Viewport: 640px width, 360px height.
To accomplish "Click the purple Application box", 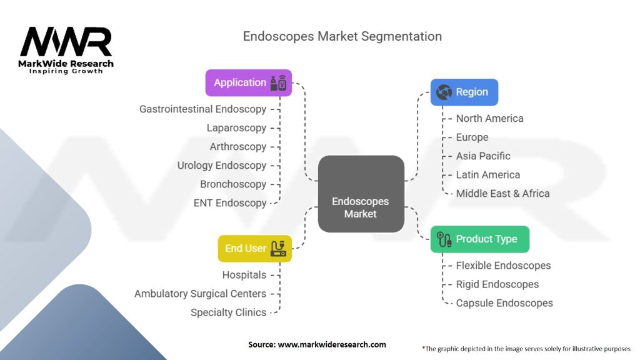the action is point(249,83).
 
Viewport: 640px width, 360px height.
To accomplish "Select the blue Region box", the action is point(464,92).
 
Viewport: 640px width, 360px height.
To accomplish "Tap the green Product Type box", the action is point(479,239).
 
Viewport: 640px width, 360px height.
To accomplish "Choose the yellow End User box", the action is point(255,249).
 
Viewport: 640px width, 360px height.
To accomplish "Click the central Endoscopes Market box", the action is point(361,194).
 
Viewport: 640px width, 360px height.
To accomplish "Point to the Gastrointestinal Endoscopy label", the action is point(203,109).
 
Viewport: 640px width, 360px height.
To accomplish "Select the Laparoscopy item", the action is point(236,128).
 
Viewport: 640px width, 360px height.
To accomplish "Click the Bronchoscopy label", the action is point(233,184).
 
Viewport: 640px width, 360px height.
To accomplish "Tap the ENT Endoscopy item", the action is point(230,203).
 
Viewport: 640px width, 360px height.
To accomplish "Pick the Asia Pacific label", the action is point(483,156).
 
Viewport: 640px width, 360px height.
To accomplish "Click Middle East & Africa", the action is point(502,194).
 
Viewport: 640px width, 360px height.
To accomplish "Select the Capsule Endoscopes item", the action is point(504,303).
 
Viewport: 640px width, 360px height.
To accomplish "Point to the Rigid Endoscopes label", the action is point(497,284).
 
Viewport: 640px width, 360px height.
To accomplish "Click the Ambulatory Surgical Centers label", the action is point(200,294).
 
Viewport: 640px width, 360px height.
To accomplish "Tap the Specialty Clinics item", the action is point(228,312).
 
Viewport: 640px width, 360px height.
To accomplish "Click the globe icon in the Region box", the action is point(444,92).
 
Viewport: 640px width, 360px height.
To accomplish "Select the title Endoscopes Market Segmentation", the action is point(342,37).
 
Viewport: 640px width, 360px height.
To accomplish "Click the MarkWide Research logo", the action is point(66,50).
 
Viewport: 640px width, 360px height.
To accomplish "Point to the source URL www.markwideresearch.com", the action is point(332,344).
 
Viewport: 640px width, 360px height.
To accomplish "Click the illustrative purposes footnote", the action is point(526,349).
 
